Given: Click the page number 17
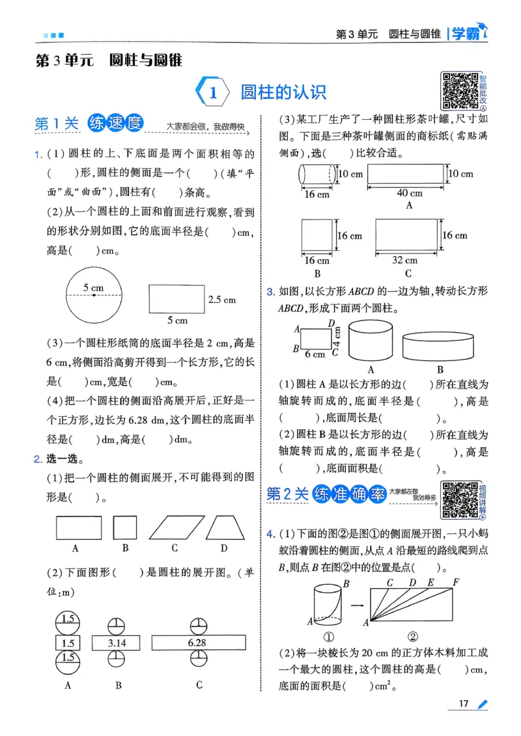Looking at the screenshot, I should coord(464,703).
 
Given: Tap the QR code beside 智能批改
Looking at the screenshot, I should coord(460,90).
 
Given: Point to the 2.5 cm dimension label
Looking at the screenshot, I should coord(221,300).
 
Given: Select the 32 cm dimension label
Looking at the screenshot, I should coord(405,259).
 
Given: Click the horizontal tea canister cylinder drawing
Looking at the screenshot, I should coord(318,175).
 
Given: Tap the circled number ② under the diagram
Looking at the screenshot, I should coord(412,636).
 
